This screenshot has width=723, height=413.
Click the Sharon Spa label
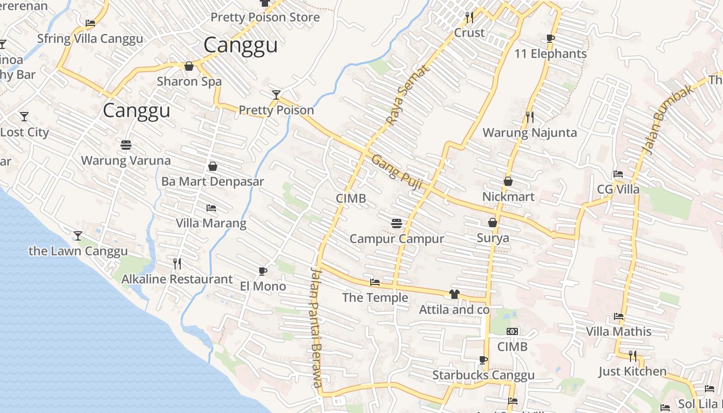pos(189,82)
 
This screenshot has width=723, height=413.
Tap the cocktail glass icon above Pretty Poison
pos(276,94)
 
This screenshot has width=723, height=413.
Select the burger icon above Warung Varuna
pos(125,145)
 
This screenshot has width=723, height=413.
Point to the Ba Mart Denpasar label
pos(212,182)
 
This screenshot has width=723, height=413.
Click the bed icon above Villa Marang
pos(211,208)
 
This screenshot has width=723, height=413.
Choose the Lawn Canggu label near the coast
pos(78,251)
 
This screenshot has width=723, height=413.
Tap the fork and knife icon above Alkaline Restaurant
pos(177,264)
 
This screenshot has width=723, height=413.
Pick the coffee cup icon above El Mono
pos(262,271)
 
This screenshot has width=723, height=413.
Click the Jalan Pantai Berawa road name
pos(317,328)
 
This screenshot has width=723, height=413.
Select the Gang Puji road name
pos(394,172)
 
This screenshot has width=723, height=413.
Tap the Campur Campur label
pos(397,239)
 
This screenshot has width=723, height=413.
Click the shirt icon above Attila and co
pos(454,294)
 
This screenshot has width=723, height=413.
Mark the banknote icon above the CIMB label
pos(512,331)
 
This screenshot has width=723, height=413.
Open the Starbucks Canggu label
pos(483,375)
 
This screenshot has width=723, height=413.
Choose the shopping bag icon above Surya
pos(493,223)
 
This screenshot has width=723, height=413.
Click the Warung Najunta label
pos(529,133)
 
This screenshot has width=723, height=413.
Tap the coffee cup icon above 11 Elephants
pos(551,38)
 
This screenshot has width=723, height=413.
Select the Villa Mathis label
pos(618,331)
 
